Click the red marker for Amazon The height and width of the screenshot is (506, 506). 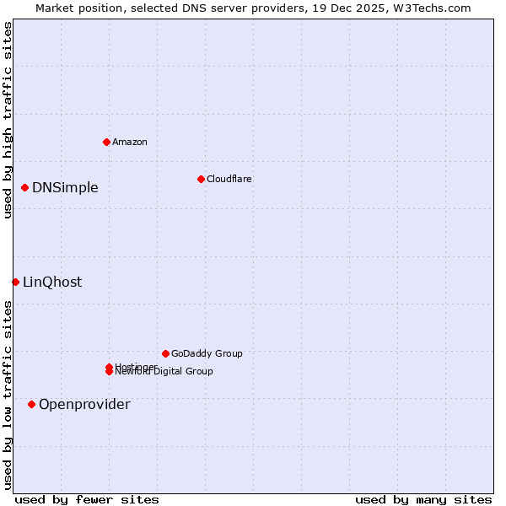click(106, 142)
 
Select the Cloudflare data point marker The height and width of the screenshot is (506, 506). click(201, 179)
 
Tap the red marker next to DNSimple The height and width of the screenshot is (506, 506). click(25, 187)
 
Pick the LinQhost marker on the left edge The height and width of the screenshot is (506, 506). click(15, 282)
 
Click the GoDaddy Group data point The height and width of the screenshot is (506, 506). click(165, 353)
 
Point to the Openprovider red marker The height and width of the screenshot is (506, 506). click(32, 404)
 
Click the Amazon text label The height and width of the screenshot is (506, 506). click(130, 142)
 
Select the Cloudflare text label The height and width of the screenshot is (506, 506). click(229, 179)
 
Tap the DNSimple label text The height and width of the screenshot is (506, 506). click(65, 187)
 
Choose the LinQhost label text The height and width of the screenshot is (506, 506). click(52, 282)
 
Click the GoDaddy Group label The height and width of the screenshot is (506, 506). click(207, 353)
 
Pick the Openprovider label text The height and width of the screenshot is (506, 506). click(84, 404)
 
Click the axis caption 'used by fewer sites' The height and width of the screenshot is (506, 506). click(87, 499)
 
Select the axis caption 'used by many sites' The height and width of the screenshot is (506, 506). click(423, 499)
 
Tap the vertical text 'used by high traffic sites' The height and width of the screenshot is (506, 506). click(8, 120)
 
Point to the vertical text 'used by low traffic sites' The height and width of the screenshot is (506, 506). click(8, 395)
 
